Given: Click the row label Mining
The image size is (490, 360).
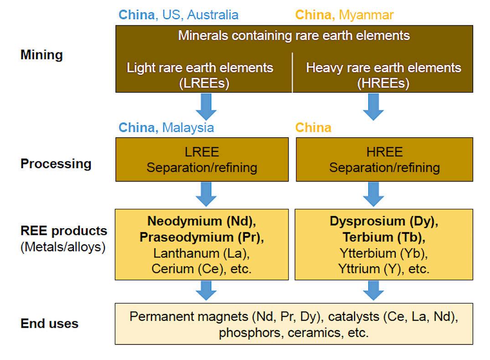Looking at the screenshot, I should pos(41,55).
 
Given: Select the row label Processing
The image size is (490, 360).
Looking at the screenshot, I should pos(56,164).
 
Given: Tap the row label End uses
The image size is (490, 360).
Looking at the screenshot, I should pos(49,324).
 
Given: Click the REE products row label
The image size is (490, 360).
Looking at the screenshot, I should pos(64,231).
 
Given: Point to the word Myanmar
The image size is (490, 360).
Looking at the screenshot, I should pos(366,15).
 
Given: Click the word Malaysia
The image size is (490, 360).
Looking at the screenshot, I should pos(188,128).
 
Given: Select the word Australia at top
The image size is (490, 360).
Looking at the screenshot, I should pos(213,15).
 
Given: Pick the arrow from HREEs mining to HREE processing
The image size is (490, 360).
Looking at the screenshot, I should pos(373,107).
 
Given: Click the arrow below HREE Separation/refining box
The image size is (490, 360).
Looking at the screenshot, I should pos(373,194).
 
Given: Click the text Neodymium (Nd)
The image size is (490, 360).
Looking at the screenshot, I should pos(201,221).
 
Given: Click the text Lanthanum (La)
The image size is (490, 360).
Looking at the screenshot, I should pos(201,253).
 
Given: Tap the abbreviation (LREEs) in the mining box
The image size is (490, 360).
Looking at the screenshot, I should pos(200,83).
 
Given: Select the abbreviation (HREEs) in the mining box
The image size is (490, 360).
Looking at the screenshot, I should pos(383,83).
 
